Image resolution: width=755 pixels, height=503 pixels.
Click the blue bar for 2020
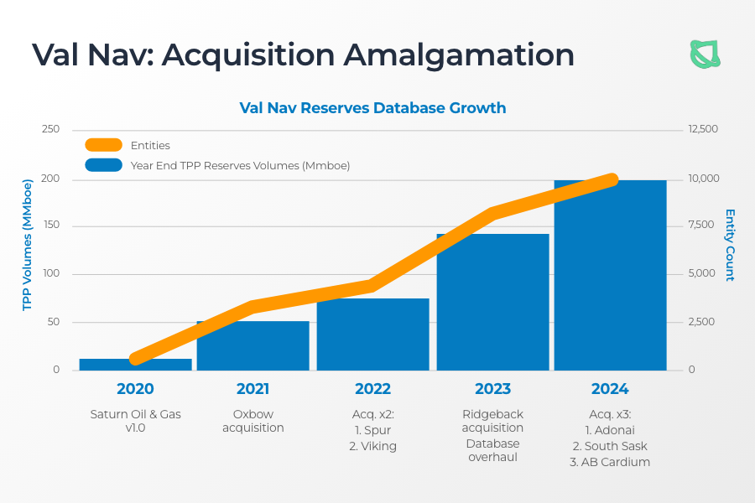(135, 365)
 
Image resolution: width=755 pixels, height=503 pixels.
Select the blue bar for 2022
(372, 334)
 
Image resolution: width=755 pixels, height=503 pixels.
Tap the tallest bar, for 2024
(610, 275)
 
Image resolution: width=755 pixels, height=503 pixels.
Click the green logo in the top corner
(705, 54)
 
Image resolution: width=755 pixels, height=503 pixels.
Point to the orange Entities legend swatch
(103, 145)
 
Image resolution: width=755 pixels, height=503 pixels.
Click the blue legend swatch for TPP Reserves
(103, 165)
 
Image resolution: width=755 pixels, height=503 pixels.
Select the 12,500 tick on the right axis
(703, 129)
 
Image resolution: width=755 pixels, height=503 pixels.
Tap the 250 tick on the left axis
(50, 129)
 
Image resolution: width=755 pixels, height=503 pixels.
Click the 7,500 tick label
(701, 225)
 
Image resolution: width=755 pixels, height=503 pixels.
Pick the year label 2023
(492, 389)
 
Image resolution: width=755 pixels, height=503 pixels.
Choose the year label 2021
(253, 389)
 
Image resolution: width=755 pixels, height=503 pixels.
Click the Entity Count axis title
(730, 245)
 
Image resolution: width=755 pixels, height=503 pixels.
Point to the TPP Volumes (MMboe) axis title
(27, 245)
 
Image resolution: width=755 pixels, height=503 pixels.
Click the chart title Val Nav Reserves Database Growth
(372, 108)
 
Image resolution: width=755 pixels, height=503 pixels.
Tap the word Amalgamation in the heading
(458, 54)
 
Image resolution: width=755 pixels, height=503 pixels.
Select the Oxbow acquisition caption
(253, 421)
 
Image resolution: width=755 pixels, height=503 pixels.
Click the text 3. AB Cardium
(610, 462)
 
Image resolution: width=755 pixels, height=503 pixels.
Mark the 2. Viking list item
(372, 446)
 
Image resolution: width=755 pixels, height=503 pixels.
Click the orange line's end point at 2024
(611, 180)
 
